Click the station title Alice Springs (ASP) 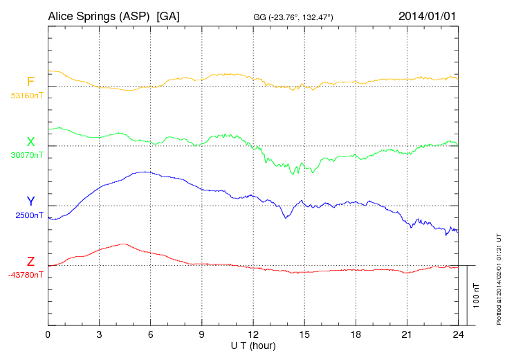pyautogui.click(x=99, y=16)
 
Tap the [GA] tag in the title pyautogui.click(x=169, y=16)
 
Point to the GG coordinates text pyautogui.click(x=294, y=17)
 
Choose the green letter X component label pyautogui.click(x=30, y=142)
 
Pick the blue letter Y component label pyautogui.click(x=30, y=201)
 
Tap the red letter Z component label pyautogui.click(x=30, y=262)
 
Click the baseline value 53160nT pyautogui.click(x=28, y=96)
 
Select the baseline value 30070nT pyautogui.click(x=28, y=155)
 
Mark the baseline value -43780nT pyautogui.click(x=26, y=275)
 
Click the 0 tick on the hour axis pyautogui.click(x=48, y=334)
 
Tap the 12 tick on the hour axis pyautogui.click(x=253, y=334)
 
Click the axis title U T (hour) pyautogui.click(x=253, y=345)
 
